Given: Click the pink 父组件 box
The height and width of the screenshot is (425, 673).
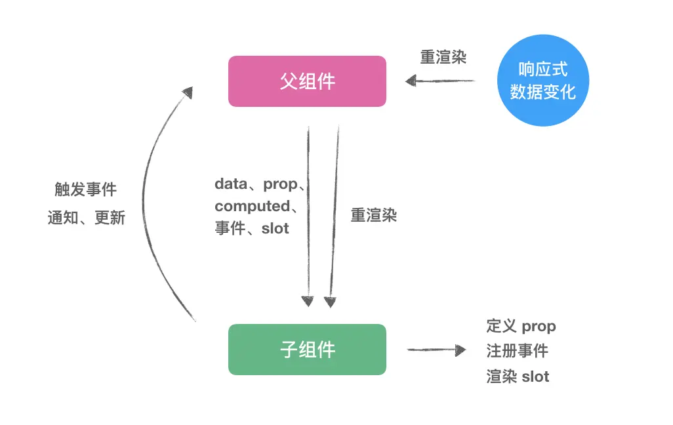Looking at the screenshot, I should (307, 81).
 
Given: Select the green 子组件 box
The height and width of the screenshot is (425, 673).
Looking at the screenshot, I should (307, 350).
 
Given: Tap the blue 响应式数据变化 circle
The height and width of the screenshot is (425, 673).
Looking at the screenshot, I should (542, 80).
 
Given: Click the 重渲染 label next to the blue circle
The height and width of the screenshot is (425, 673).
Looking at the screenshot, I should (443, 57).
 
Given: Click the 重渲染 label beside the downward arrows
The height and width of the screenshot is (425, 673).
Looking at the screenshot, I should (374, 215).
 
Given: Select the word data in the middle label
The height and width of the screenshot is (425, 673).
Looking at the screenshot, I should (231, 184).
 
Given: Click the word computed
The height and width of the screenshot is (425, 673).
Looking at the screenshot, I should (252, 207).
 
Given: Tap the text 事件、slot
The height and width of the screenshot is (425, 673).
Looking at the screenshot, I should (252, 229).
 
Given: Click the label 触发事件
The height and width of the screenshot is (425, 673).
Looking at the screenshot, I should (85, 190).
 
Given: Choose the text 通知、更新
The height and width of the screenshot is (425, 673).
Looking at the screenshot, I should (86, 218).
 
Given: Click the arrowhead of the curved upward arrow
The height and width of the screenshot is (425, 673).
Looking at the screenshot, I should (188, 92).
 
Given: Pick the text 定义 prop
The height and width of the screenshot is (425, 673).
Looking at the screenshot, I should (521, 326).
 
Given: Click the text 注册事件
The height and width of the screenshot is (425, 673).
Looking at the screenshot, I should (517, 351).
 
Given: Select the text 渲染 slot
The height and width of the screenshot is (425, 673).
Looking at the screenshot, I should (518, 376).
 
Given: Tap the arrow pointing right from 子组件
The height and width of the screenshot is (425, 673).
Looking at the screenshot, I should (436, 350).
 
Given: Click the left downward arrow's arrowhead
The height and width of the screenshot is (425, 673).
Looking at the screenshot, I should (308, 301).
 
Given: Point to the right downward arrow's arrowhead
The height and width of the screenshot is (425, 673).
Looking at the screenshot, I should (329, 302).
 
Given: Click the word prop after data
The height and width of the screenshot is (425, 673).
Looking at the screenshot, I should (280, 184).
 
